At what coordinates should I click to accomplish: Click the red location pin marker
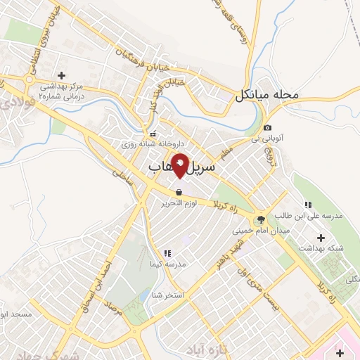coord(180,165)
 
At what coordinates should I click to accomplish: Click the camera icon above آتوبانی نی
coord(267,127)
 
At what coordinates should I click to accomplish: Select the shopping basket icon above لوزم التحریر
coord(179,192)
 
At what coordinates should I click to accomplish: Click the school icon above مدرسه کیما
coord(167,253)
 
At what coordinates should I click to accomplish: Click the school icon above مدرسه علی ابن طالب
coord(308,205)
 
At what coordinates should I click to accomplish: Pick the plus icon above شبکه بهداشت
coord(322,237)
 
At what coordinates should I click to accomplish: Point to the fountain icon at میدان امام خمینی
coord(261,219)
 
